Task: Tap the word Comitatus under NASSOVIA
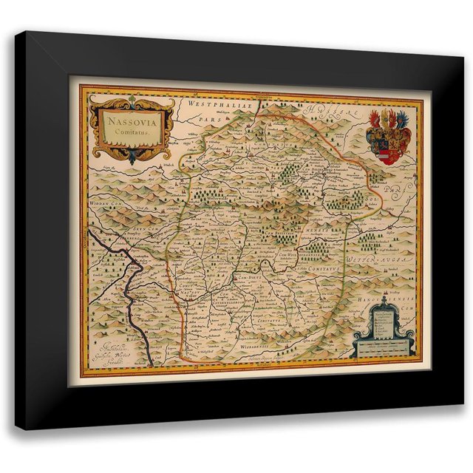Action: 129,131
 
